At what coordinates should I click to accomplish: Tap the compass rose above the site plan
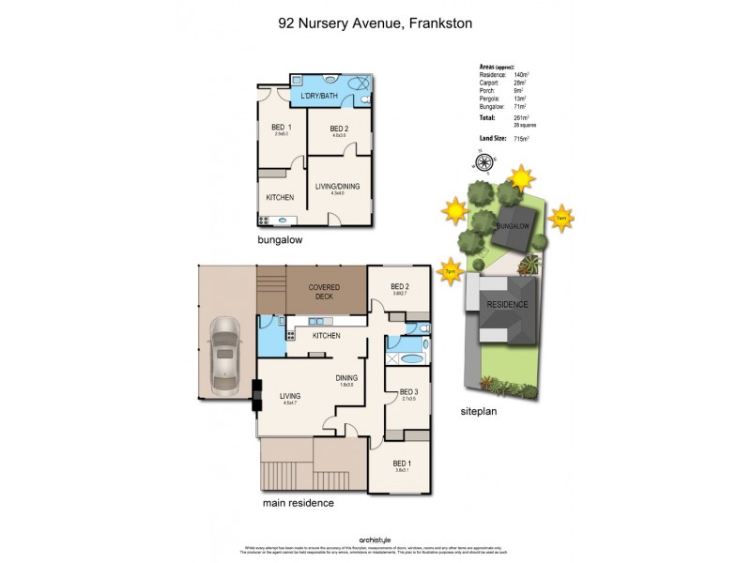(484, 162)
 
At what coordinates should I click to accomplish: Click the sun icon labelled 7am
(560, 217)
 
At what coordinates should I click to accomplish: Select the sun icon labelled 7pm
(452, 270)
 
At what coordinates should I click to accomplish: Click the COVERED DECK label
(325, 292)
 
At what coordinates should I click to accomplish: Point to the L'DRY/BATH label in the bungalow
(318, 97)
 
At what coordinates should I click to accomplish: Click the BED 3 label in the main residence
(408, 392)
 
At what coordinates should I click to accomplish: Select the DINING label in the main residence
(347, 378)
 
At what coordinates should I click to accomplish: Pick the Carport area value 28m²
(519, 83)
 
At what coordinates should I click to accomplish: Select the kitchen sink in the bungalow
(284, 220)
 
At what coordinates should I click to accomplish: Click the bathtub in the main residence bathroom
(410, 358)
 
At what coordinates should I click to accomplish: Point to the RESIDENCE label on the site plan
(506, 305)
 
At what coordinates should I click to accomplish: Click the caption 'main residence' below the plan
(297, 503)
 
